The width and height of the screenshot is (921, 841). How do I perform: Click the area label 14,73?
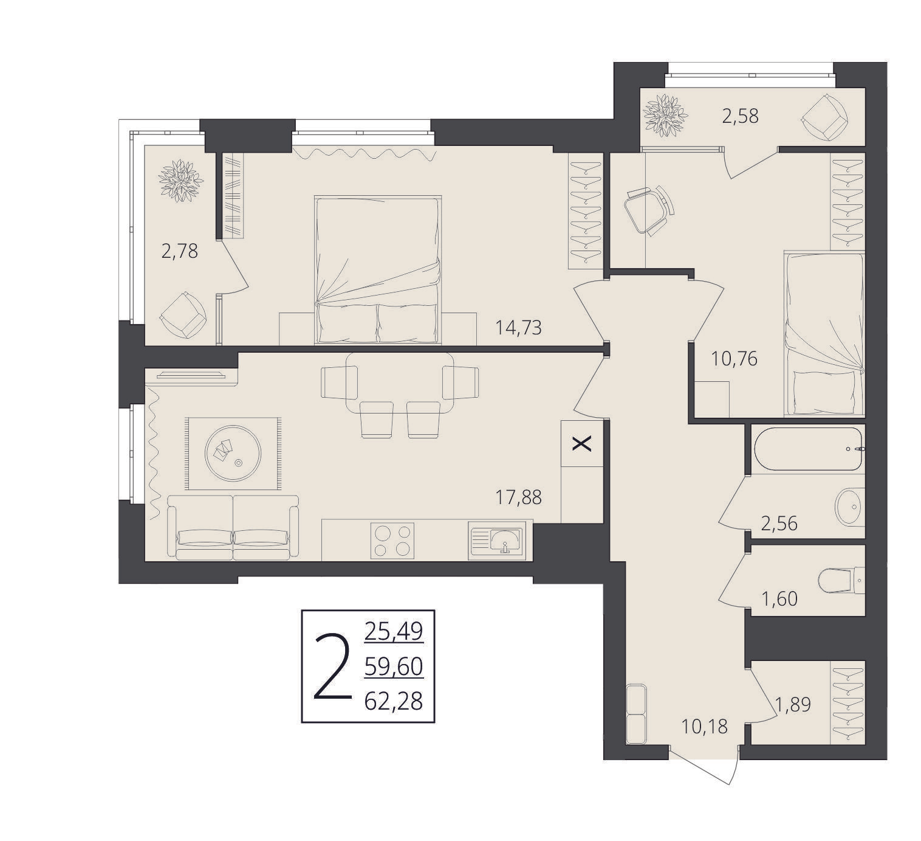click(518, 328)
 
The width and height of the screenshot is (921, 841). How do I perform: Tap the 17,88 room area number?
click(518, 497)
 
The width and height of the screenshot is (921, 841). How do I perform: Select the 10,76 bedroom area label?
click(734, 359)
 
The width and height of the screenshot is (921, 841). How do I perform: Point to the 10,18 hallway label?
click(704, 727)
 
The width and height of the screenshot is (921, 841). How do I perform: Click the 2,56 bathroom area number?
click(779, 524)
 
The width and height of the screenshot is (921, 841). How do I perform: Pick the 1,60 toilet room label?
click(779, 599)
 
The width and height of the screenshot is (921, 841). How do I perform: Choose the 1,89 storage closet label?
click(793, 704)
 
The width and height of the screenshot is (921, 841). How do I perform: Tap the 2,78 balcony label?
click(179, 251)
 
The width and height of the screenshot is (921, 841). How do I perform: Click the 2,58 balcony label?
click(740, 116)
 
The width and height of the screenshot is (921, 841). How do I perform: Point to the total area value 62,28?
click(394, 702)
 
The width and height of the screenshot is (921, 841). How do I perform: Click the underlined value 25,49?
click(394, 631)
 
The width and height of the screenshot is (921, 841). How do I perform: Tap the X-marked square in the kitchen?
click(582, 443)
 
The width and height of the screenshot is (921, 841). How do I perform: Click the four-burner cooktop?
click(392, 541)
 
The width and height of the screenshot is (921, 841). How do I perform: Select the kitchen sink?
click(497, 541)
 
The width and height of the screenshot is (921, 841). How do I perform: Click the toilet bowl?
click(841, 580)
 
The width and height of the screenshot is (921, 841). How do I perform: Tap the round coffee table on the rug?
click(233, 454)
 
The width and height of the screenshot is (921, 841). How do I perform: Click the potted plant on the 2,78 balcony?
click(181, 181)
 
